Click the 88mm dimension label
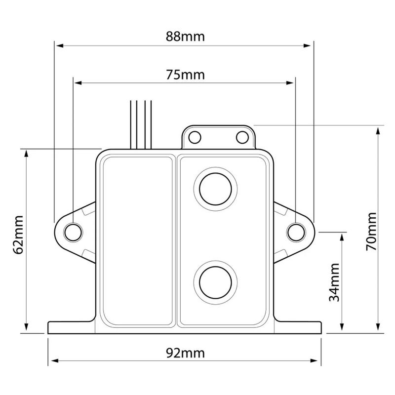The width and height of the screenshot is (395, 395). (185, 37)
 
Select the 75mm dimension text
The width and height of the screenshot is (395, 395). (185, 75)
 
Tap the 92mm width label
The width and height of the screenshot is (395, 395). (185, 353)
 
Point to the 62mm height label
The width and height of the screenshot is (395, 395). (18, 235)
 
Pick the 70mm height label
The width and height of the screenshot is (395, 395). (371, 232)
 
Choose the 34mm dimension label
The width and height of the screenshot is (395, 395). (334, 282)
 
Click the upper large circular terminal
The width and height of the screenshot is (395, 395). (215, 189)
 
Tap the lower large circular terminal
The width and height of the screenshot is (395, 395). (215, 282)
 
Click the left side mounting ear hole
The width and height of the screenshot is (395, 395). (73, 232)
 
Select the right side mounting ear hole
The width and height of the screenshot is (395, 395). (296, 232)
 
